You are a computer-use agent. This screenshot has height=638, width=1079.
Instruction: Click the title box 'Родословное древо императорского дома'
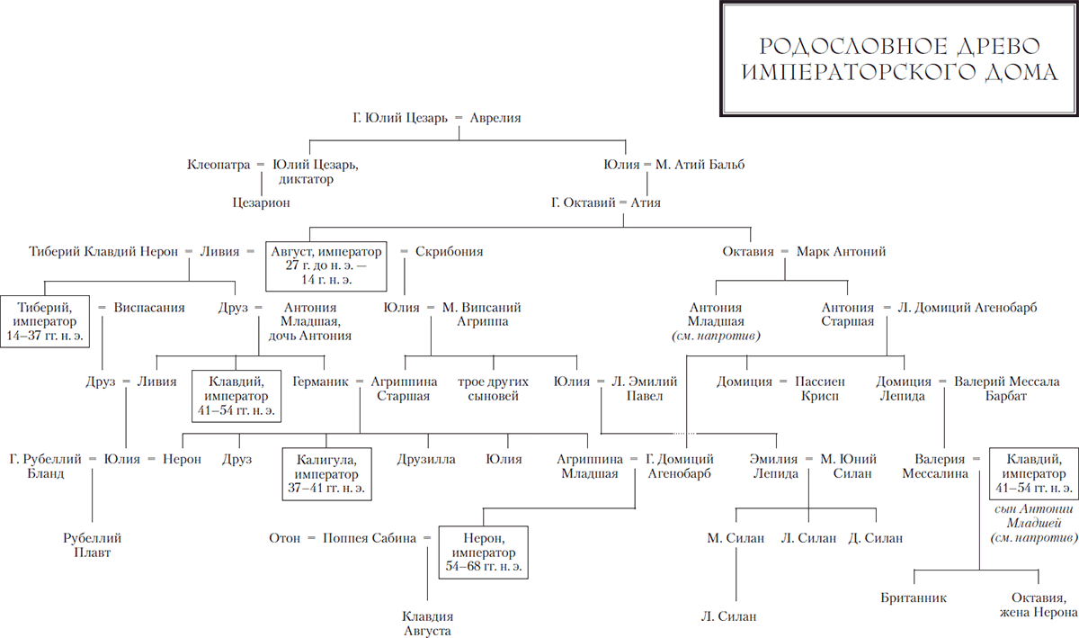[899, 58]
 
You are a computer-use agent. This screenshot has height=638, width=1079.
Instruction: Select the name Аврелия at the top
[495, 118]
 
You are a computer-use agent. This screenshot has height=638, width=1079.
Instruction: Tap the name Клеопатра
[218, 165]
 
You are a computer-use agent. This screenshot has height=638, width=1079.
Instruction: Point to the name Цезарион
[261, 202]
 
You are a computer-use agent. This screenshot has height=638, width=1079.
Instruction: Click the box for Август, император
[326, 266]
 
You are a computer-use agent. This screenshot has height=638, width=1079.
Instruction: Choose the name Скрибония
[449, 252]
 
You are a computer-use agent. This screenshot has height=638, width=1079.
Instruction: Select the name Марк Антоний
[841, 252]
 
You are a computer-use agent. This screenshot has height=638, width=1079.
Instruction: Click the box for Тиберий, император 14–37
[45, 321]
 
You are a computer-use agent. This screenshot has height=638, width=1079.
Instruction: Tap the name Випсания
[149, 308]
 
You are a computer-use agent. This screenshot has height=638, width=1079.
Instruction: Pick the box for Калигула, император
[326, 474]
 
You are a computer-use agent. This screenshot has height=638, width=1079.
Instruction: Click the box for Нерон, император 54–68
[484, 553]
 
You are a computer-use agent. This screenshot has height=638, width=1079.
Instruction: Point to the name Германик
[320, 382]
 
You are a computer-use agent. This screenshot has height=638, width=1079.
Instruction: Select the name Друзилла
[426, 460]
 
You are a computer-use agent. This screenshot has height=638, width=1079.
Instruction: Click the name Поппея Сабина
[370, 538]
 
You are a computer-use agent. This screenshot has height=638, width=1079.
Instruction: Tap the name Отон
[285, 538]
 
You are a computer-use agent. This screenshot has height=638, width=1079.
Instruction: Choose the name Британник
[914, 598]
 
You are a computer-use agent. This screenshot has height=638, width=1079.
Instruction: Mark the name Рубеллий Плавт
[92, 545]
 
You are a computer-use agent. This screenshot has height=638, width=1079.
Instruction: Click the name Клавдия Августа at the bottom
[428, 624]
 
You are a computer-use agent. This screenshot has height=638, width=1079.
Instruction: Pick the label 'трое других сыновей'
[494, 389]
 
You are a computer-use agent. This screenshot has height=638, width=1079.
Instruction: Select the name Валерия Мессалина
[935, 467]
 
